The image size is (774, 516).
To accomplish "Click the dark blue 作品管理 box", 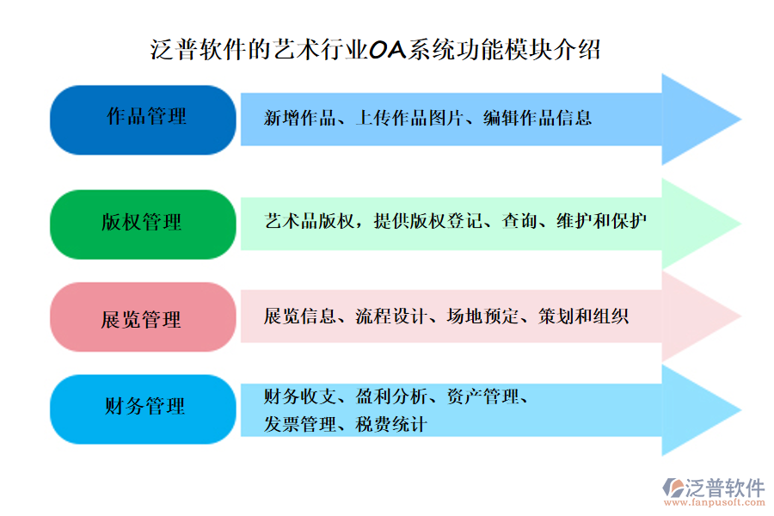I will click(x=143, y=120).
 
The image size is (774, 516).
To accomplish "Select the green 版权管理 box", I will click(x=143, y=224).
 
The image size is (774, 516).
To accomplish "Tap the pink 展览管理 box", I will click(x=143, y=317).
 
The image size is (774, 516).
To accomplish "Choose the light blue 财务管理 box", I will click(x=143, y=408).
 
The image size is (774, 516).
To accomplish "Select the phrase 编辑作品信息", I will click(x=537, y=119).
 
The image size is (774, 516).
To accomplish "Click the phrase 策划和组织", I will click(x=584, y=316).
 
